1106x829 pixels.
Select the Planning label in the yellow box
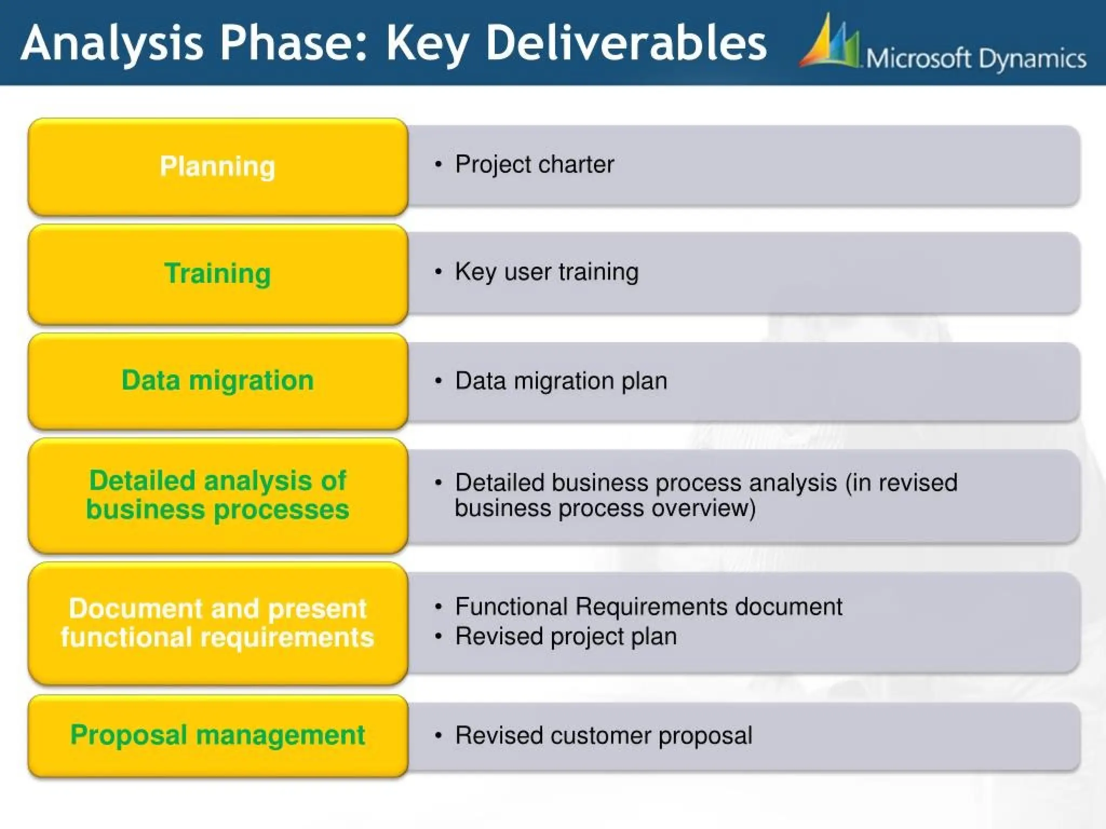click(217, 166)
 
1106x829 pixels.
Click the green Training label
click(217, 273)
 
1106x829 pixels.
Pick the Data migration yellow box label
click(217, 380)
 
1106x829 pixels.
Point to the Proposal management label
click(217, 735)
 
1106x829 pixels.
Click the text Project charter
click(534, 165)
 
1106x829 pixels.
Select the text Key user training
click(547, 271)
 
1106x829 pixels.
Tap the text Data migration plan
click(561, 381)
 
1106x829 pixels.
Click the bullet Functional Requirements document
click(648, 607)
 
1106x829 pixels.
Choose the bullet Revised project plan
click(565, 636)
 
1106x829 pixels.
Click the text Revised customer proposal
click(603, 736)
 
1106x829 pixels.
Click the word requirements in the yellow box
click(287, 637)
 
